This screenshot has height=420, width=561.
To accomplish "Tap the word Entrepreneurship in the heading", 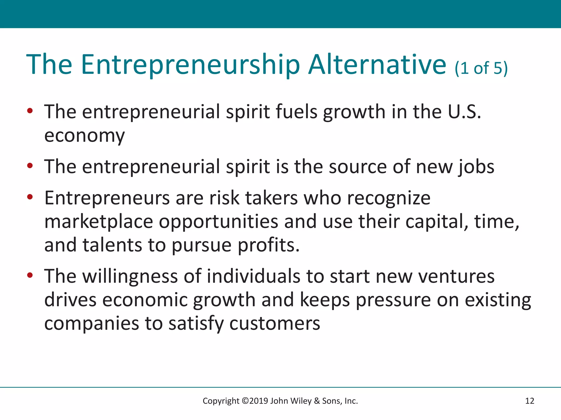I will pos(190,65).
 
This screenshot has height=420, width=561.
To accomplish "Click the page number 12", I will pos(529,401).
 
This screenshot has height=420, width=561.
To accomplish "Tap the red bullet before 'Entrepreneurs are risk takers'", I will pos(30,197).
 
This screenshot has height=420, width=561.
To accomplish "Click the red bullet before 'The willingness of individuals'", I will pos(30,275).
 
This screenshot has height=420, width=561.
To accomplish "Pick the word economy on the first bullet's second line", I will pos(84,136).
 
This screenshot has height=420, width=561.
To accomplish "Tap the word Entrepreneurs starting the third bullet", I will pos(107,198).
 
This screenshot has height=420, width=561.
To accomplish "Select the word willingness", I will pos(130,276).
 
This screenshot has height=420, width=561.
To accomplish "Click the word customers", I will pos(274,323).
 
